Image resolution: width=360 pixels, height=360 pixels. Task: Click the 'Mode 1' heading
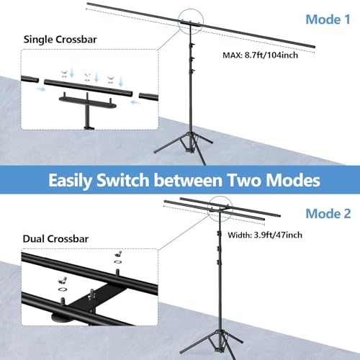[x=328, y=19]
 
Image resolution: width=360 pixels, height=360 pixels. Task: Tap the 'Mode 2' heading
[x=328, y=214]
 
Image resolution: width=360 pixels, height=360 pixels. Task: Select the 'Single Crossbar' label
[x=60, y=40]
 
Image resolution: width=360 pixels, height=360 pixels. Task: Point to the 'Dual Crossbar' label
[x=55, y=239]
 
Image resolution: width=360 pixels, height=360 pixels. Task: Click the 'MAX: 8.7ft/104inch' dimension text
[x=261, y=55]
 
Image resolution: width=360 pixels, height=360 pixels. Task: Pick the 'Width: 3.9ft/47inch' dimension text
[x=265, y=235]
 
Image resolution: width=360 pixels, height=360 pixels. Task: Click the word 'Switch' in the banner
[x=122, y=180]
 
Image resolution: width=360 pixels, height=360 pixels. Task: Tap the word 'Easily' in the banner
[x=69, y=181]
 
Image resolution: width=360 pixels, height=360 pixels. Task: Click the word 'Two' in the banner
[x=244, y=180]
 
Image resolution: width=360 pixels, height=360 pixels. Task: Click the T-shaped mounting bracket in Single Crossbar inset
[x=87, y=106]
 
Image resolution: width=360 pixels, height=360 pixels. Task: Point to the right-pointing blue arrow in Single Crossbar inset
[x=40, y=89]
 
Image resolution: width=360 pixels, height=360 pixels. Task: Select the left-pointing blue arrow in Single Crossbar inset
[x=136, y=102]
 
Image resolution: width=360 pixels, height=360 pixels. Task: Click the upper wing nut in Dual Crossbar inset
[x=118, y=254]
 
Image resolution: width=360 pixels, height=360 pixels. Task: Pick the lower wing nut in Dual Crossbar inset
[x=62, y=281]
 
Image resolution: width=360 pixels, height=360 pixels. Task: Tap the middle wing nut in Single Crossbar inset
[x=87, y=74]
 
